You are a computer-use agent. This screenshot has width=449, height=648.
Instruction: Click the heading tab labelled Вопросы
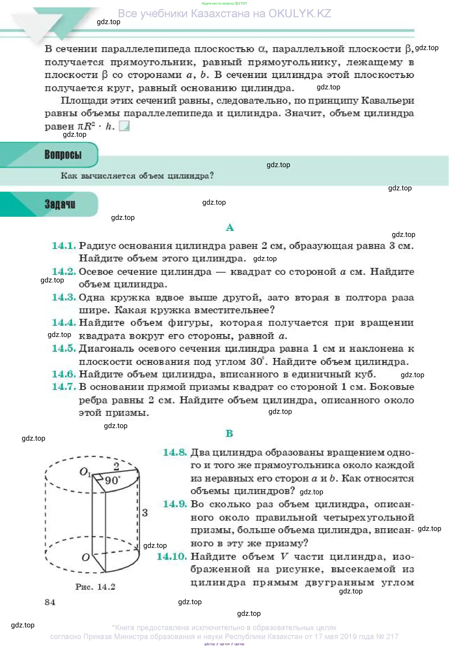(63, 155)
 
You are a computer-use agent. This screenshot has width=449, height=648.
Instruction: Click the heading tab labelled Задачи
(60, 204)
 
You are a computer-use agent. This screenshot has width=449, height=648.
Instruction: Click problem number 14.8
(175, 452)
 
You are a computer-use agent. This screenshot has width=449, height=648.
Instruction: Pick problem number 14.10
(172, 556)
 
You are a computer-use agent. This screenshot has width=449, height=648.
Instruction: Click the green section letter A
(230, 227)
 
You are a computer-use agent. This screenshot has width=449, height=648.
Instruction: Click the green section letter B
(229, 433)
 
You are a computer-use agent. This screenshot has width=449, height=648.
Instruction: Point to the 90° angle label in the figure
(113, 480)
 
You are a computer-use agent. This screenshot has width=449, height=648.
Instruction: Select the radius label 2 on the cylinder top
(116, 466)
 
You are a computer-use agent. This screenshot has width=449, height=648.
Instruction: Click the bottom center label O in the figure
(86, 557)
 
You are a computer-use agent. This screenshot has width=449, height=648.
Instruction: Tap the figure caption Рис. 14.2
(95, 587)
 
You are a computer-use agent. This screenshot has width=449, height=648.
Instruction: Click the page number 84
(50, 602)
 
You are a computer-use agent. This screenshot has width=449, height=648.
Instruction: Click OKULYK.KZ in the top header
(300, 13)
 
